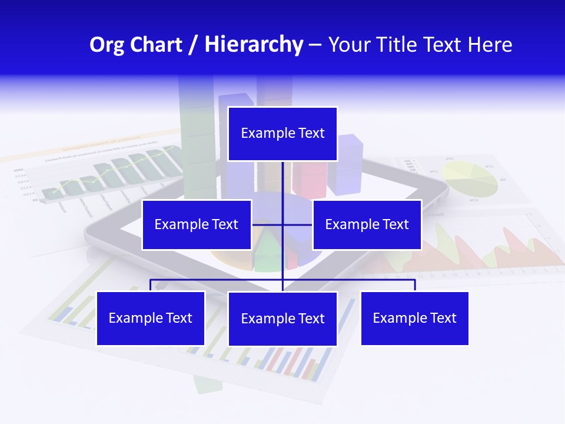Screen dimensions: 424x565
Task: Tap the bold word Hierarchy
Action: tap(254, 45)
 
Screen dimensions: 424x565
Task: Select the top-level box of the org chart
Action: tap(282, 134)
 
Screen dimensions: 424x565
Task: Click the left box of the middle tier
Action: tap(197, 224)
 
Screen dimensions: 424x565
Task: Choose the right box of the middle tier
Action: tap(367, 224)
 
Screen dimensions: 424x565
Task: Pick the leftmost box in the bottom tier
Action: tap(151, 318)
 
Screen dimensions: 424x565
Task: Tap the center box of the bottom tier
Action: tap(282, 319)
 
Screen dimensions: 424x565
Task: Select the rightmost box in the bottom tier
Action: tap(415, 318)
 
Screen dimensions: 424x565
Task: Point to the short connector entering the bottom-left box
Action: tap(151, 285)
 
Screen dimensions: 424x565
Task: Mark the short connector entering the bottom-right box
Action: tap(415, 285)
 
